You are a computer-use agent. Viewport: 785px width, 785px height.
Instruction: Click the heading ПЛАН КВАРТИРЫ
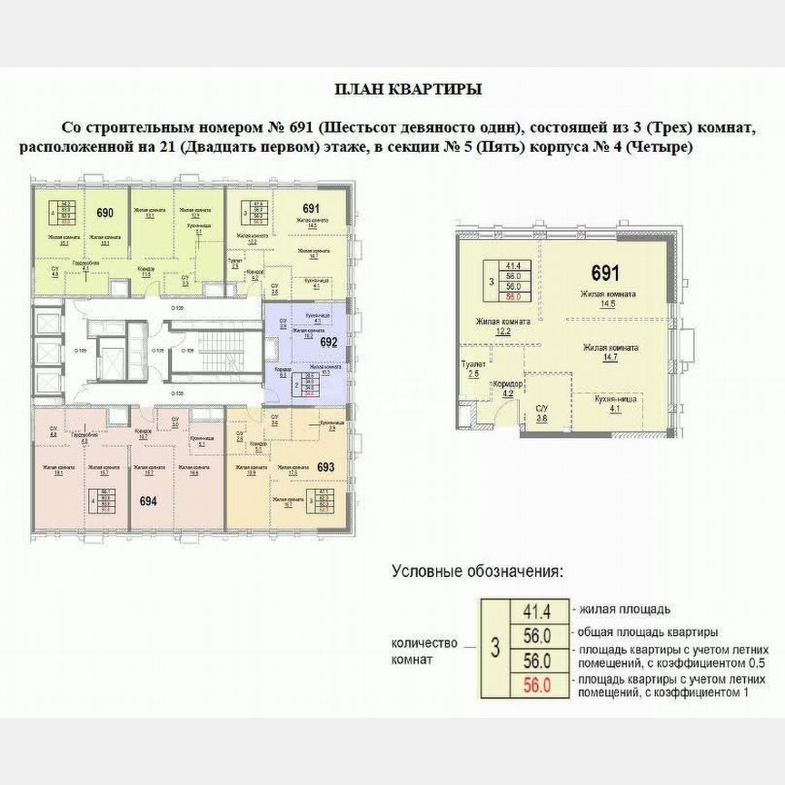[408, 89]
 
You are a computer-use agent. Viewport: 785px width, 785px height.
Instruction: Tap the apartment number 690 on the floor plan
[104, 213]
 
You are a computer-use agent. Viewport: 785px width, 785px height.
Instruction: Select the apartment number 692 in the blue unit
[329, 343]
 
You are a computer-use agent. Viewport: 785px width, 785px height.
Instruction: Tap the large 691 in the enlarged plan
[606, 273]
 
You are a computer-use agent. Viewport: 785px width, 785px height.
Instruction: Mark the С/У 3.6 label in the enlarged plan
[542, 413]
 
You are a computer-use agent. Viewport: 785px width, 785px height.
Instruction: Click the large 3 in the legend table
[494, 648]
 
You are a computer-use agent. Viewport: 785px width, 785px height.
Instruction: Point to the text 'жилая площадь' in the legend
[621, 609]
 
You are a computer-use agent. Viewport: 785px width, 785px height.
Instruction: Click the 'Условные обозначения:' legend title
[477, 571]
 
